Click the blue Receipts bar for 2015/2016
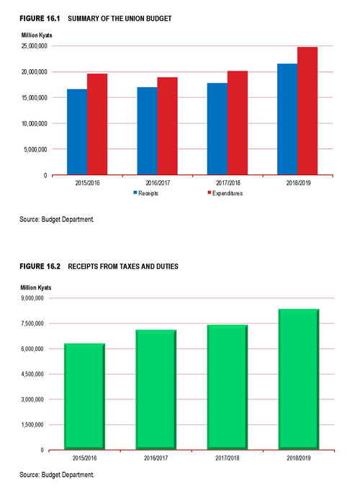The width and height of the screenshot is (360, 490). pyautogui.click(x=77, y=132)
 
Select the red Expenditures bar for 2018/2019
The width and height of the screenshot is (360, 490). pyautogui.click(x=307, y=111)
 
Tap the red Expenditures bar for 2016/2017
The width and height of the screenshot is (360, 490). pyautogui.click(x=167, y=126)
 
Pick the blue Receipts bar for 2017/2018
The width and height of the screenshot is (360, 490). pyautogui.click(x=217, y=129)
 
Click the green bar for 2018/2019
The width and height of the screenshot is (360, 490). pyautogui.click(x=299, y=379)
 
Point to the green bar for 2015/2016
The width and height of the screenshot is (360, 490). pyautogui.click(x=84, y=396)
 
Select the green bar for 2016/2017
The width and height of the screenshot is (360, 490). pyautogui.click(x=156, y=390)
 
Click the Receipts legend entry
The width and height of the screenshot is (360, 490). pyautogui.click(x=146, y=193)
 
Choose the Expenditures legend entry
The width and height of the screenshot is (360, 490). pyautogui.click(x=225, y=193)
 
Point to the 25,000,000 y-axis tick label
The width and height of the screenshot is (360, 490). pyautogui.click(x=35, y=46)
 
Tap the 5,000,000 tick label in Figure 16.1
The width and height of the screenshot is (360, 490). pyautogui.click(x=35, y=149)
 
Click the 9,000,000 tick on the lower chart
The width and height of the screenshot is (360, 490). pyautogui.click(x=32, y=298)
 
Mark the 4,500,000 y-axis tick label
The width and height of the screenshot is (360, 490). pyautogui.click(x=32, y=374)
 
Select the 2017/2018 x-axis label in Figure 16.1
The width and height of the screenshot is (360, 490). pyautogui.click(x=228, y=183)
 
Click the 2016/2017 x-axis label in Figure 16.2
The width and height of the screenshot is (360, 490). pyautogui.click(x=156, y=458)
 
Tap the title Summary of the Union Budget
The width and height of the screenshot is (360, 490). pyautogui.click(x=120, y=19)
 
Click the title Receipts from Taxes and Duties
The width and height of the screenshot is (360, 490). pyautogui.click(x=123, y=267)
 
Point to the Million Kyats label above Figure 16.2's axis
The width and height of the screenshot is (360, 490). pyautogui.click(x=36, y=288)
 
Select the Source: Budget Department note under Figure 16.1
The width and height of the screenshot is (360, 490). pyautogui.click(x=56, y=219)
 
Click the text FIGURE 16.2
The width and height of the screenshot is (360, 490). pyautogui.click(x=40, y=267)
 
